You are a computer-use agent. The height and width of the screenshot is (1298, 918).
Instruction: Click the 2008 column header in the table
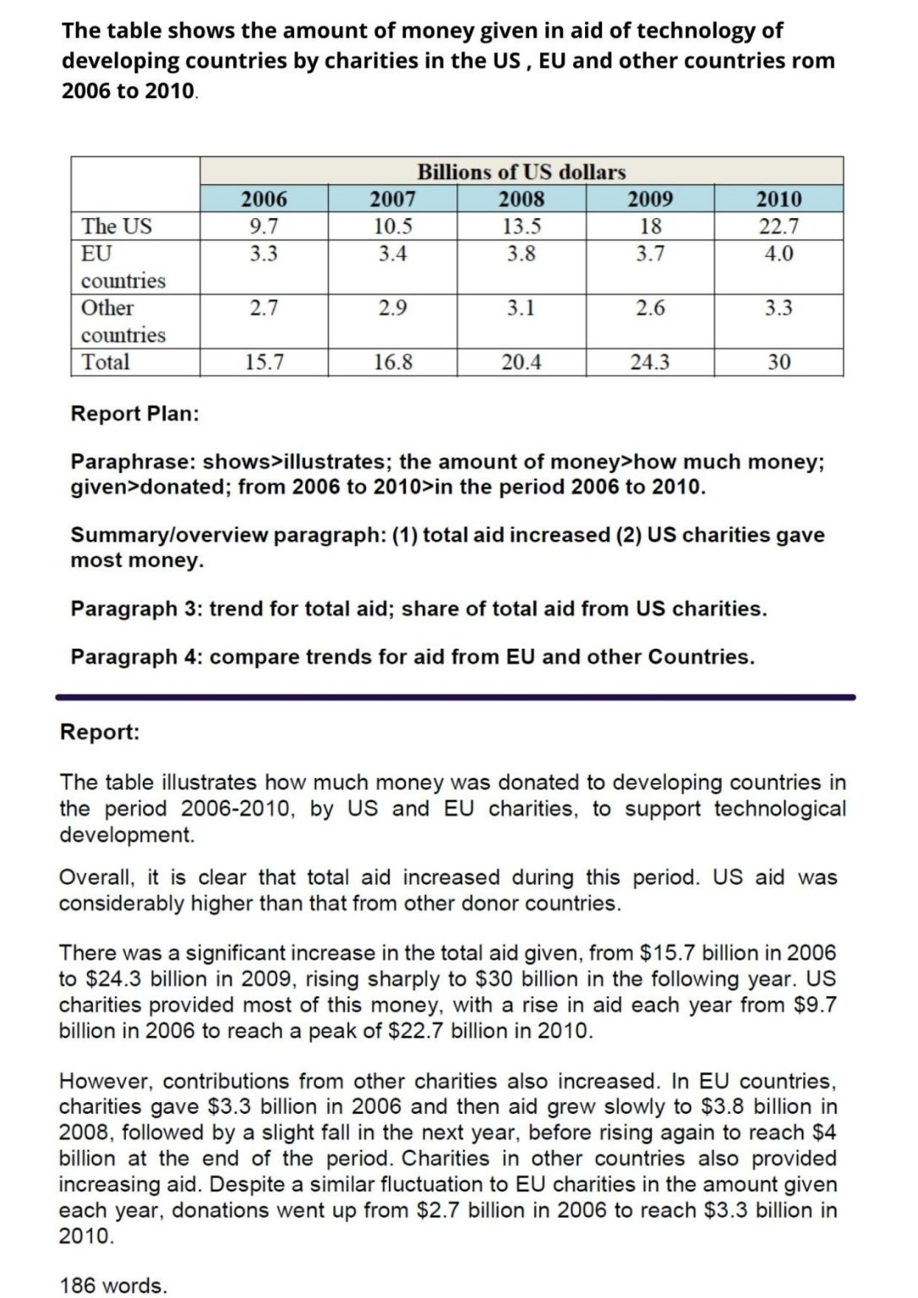[521, 199]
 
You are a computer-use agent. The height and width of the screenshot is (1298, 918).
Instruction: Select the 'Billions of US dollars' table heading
[521, 172]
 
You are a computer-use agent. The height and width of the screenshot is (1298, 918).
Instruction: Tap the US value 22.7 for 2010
[779, 226]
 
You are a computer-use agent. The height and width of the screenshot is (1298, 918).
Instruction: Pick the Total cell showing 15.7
[264, 363]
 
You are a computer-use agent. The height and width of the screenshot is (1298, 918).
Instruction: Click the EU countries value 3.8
[521, 254]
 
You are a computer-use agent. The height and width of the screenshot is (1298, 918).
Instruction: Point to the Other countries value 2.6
[650, 308]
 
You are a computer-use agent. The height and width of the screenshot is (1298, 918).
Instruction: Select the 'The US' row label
[117, 226]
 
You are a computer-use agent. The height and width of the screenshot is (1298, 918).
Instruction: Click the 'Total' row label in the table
[106, 363]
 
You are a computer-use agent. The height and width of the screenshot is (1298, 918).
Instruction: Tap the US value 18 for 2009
[650, 226]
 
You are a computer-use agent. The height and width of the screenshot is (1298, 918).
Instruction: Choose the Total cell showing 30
[779, 363]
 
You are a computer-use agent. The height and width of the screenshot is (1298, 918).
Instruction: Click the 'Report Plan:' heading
[134, 414]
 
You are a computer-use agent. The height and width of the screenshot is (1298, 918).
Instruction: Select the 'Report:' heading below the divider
[99, 732]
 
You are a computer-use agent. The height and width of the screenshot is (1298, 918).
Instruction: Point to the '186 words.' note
[113, 1285]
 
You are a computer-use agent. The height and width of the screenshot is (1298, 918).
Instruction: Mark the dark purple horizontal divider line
[456, 697]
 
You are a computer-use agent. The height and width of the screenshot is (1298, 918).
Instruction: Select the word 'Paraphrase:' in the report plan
[133, 462]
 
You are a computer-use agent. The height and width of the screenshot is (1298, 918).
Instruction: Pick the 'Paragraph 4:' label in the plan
[136, 657]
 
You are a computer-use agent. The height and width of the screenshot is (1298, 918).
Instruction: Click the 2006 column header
[264, 199]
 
